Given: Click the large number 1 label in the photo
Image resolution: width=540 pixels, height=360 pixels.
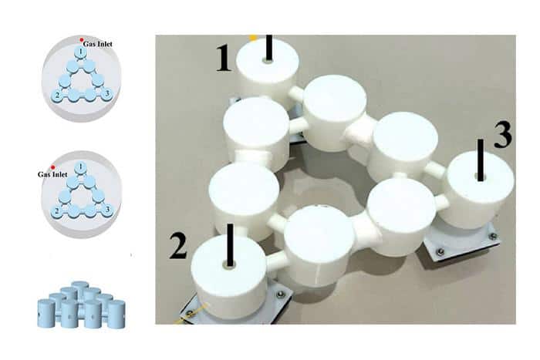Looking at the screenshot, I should click(x=224, y=58).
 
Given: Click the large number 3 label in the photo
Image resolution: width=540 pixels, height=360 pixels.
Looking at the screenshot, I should click(x=502, y=135).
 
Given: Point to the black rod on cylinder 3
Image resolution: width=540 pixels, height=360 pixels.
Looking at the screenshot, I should click(x=481, y=160).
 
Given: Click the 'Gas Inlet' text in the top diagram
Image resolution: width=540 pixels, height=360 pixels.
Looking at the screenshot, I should click(x=99, y=44).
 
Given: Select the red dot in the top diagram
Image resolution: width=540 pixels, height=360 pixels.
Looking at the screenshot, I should click(x=81, y=39).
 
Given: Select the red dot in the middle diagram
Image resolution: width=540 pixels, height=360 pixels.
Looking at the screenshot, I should click(x=52, y=167).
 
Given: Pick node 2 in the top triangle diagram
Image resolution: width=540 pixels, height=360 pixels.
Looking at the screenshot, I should click(x=56, y=95).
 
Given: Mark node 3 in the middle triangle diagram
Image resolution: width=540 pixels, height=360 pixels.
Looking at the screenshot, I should click(x=107, y=209).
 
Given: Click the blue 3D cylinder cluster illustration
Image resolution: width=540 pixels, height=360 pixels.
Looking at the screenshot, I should click(x=79, y=305).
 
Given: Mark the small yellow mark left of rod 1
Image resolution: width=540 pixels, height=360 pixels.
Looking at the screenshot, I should click(x=253, y=37).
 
